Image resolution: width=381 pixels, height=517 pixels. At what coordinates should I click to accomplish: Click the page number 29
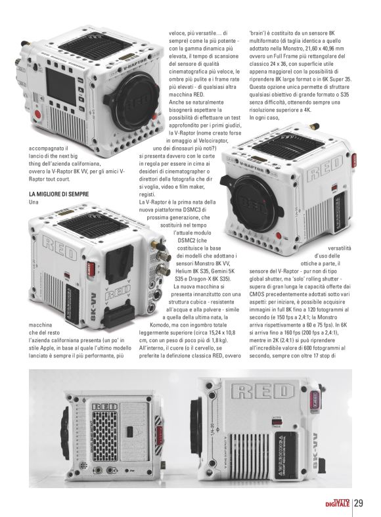click(359, 503)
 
